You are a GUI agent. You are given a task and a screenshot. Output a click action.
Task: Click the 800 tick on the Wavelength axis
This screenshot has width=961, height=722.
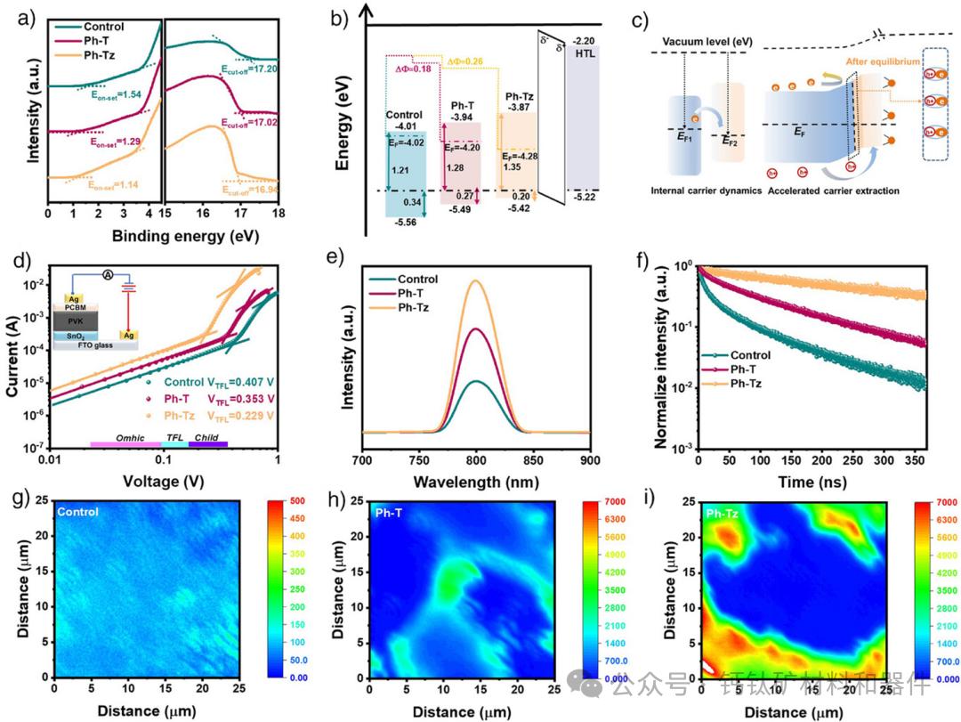coord(476,458)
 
